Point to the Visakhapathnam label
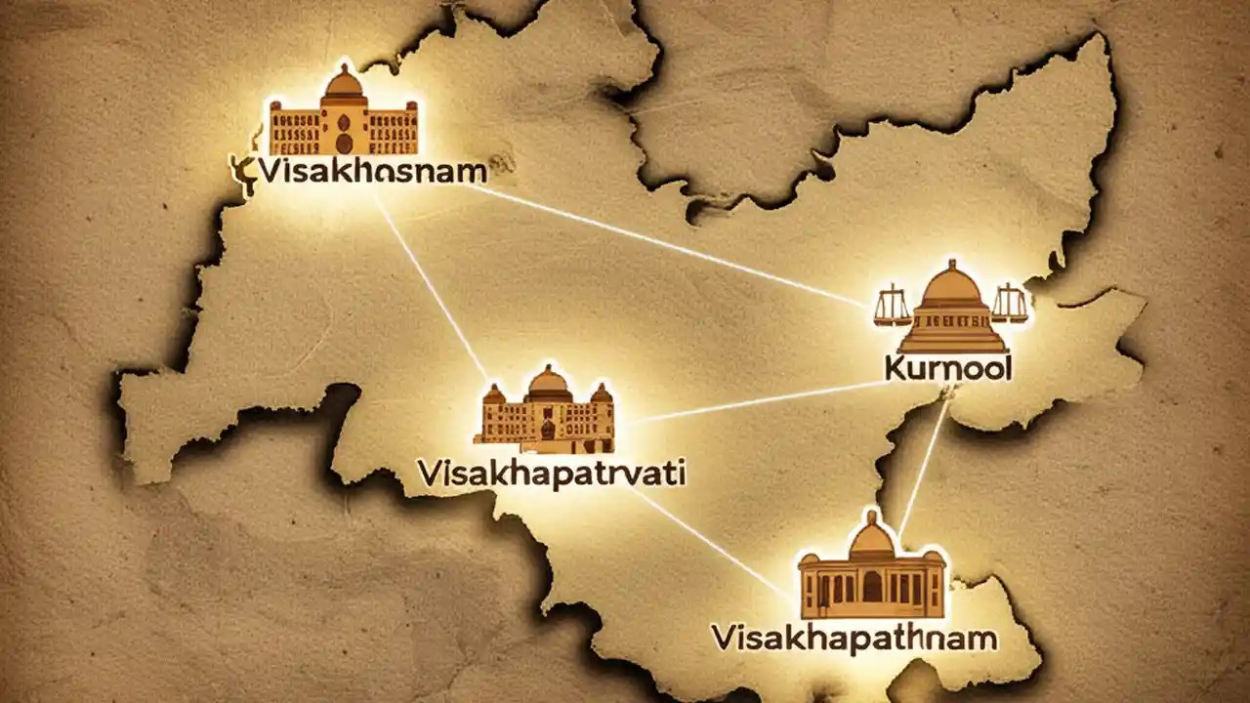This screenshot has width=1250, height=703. coord(854,640)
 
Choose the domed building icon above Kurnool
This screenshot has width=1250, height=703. coord(952,309)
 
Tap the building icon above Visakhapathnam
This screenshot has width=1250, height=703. coord(872,568)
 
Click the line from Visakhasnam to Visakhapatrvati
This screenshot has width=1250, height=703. coord(430,283)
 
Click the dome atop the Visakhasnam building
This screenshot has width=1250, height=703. coord(343,82)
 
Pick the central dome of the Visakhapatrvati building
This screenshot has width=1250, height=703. coord(548,380)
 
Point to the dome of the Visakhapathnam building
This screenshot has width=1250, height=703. coord(872,535)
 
